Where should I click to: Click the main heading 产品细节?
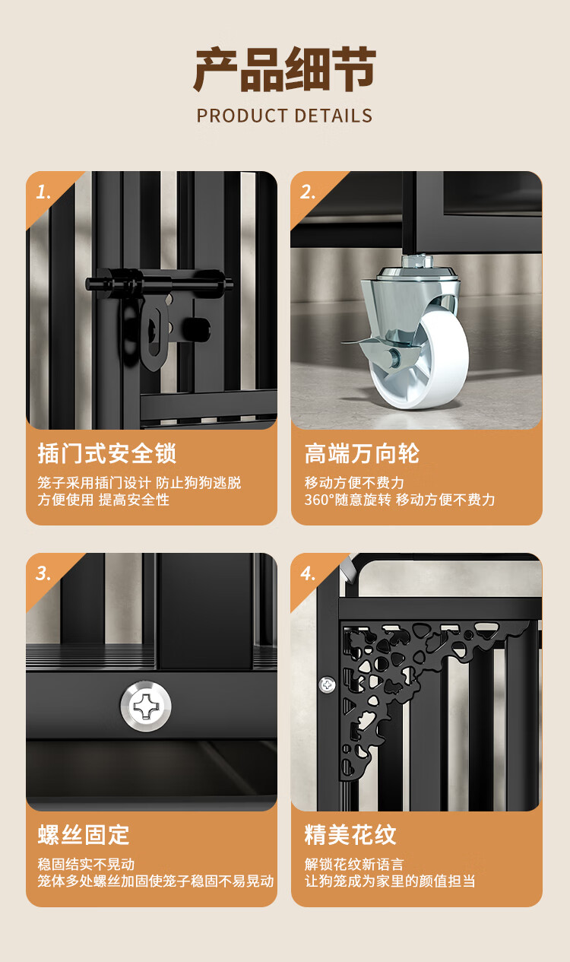tap(284, 70)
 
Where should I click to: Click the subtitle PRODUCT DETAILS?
tap(284, 116)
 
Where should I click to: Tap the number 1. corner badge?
tap(44, 192)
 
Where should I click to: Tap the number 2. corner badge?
tap(308, 192)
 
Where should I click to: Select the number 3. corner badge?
tap(44, 573)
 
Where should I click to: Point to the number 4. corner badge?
tap(308, 573)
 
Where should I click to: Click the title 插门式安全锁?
tap(107, 453)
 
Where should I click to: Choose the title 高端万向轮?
tap(362, 453)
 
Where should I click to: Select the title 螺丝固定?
tap(84, 835)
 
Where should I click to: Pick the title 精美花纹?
tap(350, 835)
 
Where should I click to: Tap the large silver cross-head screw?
tap(145, 706)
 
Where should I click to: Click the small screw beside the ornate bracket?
tap(327, 684)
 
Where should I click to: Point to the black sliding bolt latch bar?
tap(160, 283)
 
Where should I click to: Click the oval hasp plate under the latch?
tap(154, 335)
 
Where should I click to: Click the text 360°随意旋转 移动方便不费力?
tap(400, 500)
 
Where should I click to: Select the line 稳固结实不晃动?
tap(86, 864)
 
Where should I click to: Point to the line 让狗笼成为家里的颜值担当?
tap(390, 881)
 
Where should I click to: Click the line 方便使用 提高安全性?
tap(103, 500)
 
